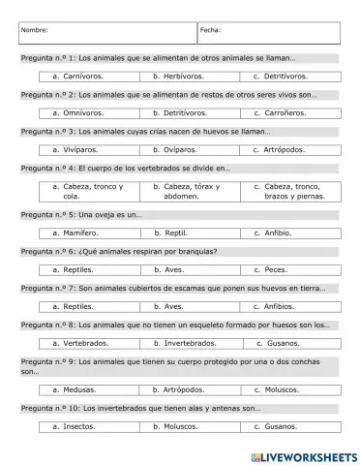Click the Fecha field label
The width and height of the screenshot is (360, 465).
pos(211,30)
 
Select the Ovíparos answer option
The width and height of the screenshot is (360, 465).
pos(175,150)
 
